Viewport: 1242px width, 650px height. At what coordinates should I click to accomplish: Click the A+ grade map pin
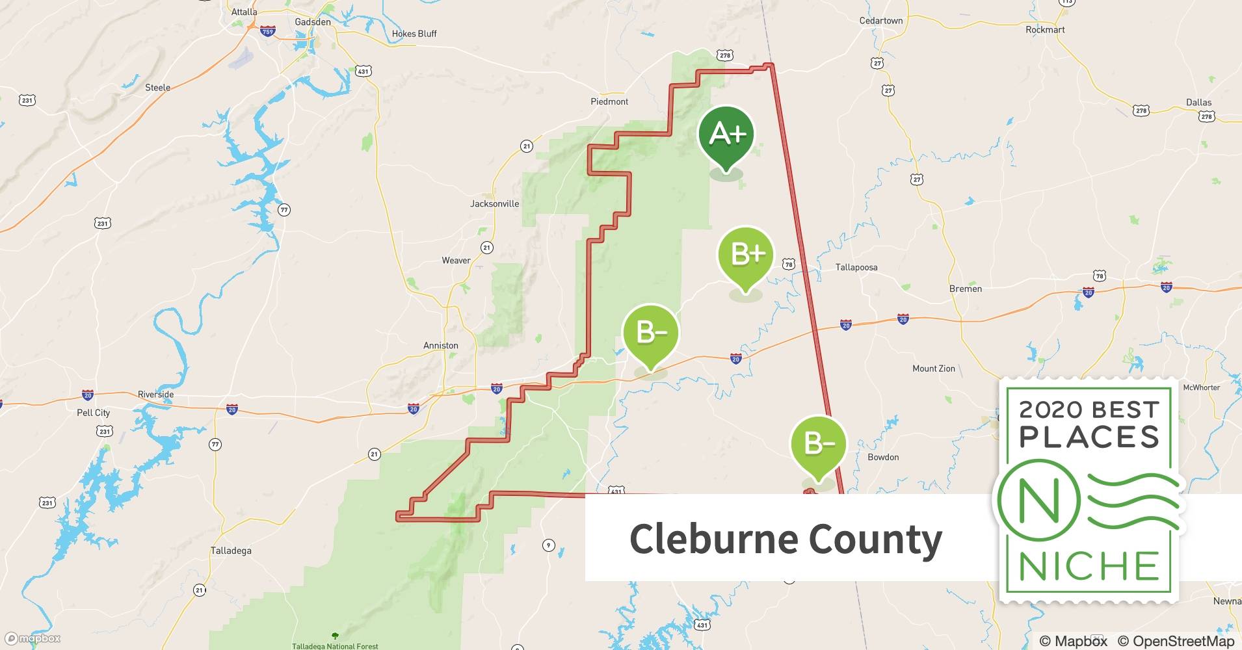coord(726,135)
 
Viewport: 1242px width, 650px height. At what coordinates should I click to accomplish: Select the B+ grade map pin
coord(746,255)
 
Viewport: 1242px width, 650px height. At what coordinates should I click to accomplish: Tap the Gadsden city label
coord(313,22)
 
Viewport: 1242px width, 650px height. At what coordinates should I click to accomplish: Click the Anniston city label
coord(441,346)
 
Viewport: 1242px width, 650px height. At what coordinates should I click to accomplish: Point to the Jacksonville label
coord(495,204)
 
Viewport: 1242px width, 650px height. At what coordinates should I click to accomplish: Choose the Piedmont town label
coord(609,102)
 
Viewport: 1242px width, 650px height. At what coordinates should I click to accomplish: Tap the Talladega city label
coord(231,551)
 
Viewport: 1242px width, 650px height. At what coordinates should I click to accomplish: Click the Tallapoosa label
coord(856,267)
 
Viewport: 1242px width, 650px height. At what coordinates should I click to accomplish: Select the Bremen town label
coord(966,289)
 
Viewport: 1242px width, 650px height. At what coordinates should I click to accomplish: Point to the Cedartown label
coord(881,21)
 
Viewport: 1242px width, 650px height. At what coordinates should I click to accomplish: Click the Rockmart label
coord(1045,30)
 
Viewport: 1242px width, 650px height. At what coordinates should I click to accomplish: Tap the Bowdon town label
coord(883,458)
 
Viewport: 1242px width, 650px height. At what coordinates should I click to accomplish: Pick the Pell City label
coord(94,413)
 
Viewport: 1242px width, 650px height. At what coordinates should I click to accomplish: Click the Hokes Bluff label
coord(414,34)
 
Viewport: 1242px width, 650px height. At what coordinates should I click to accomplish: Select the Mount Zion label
coord(934,369)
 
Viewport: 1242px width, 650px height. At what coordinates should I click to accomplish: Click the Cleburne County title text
coord(786,539)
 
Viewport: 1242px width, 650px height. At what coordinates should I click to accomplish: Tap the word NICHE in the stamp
coord(1089,567)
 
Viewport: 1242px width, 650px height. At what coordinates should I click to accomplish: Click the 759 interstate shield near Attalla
coord(267,31)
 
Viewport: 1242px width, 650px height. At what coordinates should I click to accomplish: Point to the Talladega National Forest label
coord(335,646)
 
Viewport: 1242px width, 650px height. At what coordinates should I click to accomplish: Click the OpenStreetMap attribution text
coord(1176,641)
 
